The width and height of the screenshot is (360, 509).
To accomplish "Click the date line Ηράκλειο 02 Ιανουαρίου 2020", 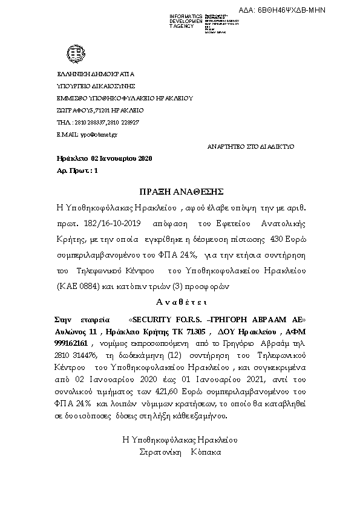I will click(x=104, y=159).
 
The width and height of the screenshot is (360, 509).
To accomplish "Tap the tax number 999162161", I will click(x=71, y=345).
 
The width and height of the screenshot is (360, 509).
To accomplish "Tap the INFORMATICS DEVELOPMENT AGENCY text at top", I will click(x=186, y=21).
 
